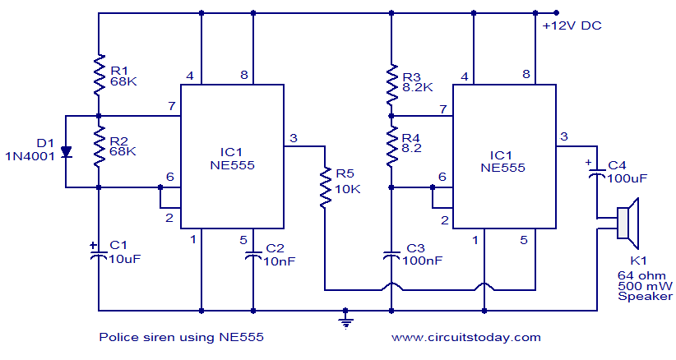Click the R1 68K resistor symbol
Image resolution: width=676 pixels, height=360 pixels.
coord(98,73)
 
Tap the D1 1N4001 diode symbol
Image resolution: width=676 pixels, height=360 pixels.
coord(67,152)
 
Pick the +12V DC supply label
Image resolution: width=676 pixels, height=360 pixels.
coord(572,26)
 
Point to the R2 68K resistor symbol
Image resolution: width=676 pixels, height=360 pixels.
coord(98,145)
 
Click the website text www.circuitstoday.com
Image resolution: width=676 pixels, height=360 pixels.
coord(465,337)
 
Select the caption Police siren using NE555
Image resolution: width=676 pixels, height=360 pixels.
coord(182,337)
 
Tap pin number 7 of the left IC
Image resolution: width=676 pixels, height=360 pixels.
coord(171,107)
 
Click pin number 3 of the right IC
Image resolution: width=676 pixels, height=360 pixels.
coord(563,136)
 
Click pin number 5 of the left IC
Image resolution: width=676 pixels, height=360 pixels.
coord(243,240)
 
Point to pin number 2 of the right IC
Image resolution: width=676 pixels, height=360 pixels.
coord(445,220)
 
